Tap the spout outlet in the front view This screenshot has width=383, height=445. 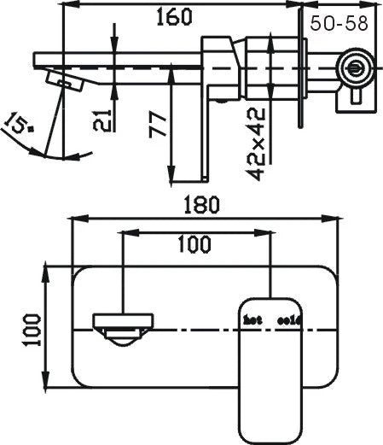(123, 328)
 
